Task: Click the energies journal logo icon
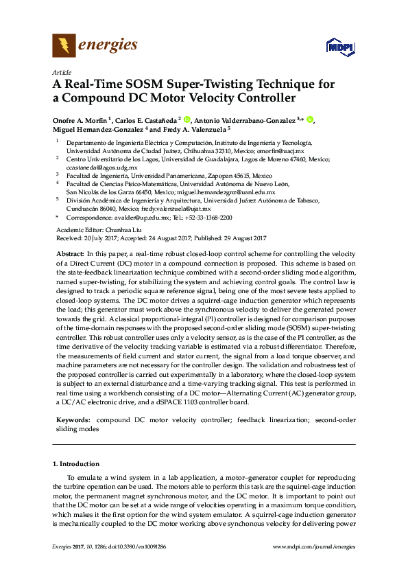click(64, 46)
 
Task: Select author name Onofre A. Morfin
click(80, 120)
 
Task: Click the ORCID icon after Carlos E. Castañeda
click(189, 119)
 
